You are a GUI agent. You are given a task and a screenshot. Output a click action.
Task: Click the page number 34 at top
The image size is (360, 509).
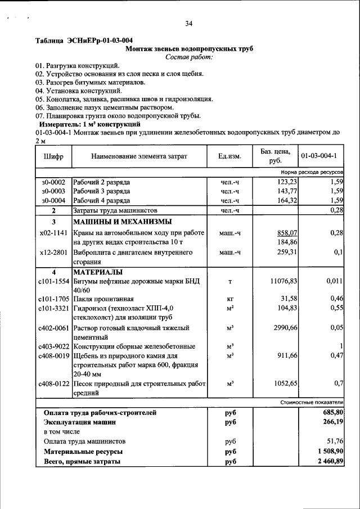[x=188, y=23]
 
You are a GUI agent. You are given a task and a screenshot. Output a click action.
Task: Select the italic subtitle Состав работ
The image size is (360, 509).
[x=188, y=57]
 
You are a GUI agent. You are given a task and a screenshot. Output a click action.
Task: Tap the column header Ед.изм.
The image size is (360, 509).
[x=229, y=156]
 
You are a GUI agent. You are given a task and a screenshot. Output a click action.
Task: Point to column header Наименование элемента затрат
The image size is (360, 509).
[x=139, y=156]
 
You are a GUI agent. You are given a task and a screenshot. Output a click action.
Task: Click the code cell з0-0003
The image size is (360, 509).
[x=53, y=191]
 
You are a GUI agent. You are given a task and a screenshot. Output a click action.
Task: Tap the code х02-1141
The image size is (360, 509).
[x=54, y=232]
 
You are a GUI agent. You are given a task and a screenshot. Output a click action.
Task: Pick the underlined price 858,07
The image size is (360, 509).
[x=286, y=232]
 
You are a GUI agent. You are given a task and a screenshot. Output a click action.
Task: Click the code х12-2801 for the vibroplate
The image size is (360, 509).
[x=54, y=253]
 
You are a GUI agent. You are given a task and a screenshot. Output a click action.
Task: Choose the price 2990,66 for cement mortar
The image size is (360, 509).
[x=285, y=327]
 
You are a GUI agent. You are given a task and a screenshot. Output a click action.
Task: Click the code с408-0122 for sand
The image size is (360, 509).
[x=53, y=384]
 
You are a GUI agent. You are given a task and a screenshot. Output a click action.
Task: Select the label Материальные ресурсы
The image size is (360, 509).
[x=83, y=452]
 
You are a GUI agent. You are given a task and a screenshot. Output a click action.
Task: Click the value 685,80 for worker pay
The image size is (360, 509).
[x=331, y=412]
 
